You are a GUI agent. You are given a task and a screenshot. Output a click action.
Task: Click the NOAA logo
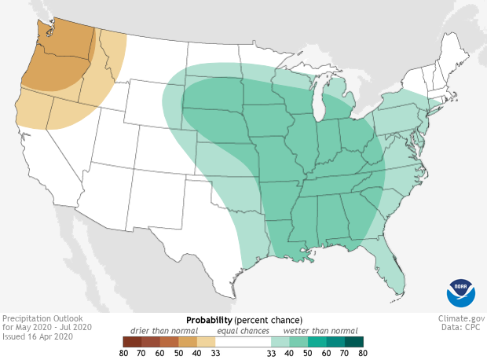[460, 292]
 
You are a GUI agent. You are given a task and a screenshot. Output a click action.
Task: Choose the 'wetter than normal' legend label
[320, 331]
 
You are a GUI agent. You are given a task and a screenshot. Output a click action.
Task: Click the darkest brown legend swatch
[131, 341]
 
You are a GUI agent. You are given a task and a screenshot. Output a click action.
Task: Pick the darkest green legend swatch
[353, 341]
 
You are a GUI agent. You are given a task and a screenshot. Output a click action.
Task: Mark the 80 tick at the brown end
[123, 353]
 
